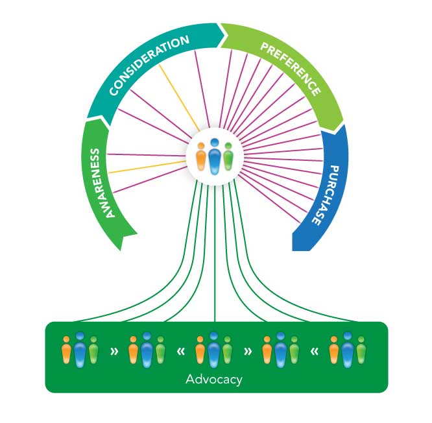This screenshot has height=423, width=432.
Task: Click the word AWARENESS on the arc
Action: [x=102, y=183]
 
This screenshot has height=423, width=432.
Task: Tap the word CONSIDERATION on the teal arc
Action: [x=149, y=66]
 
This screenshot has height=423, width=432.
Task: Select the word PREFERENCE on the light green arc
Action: [x=291, y=68]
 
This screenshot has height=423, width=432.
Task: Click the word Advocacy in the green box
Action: [x=214, y=380]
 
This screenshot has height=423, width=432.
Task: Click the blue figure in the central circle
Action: [x=214, y=156]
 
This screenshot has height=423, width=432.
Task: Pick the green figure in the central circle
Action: [x=228, y=156]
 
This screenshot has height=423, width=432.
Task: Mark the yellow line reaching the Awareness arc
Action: [x=148, y=167]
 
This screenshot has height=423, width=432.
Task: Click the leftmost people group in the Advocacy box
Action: [x=80, y=350]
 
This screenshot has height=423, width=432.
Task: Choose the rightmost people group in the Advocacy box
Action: [x=348, y=350]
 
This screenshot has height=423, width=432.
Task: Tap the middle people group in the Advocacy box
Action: [x=214, y=350]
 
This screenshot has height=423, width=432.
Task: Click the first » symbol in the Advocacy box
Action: [x=114, y=352]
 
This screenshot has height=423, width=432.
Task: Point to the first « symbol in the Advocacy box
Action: [x=181, y=352]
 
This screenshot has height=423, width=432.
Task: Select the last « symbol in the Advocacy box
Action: [x=315, y=352]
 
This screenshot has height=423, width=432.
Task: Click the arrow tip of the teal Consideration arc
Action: [x=225, y=34]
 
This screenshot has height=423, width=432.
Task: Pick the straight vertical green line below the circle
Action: [x=215, y=253]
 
